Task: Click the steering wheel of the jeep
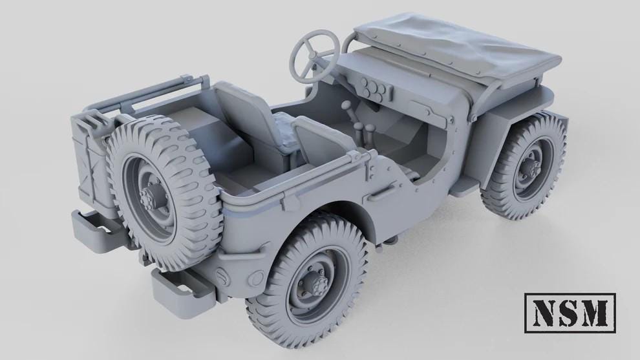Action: (x=314, y=53)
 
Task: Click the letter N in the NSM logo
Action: (x=547, y=315)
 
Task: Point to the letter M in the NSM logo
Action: (x=595, y=315)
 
